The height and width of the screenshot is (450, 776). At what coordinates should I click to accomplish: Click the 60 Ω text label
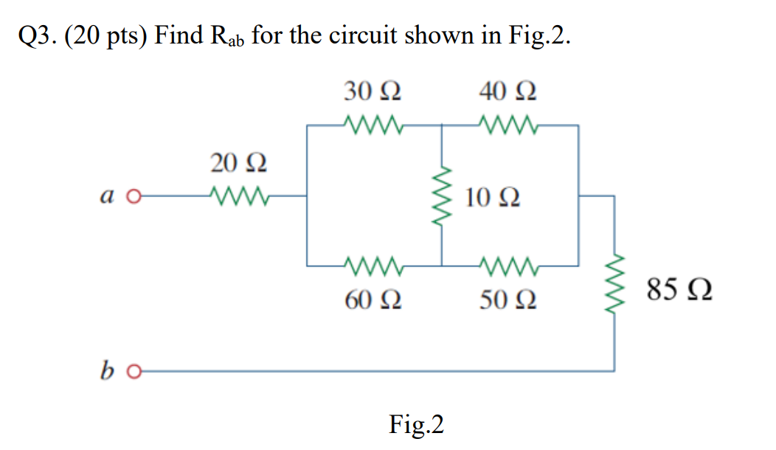coord(373,300)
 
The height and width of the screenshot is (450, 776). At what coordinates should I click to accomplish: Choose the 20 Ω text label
coord(238,163)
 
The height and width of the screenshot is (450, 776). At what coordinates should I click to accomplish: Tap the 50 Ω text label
coord(507,300)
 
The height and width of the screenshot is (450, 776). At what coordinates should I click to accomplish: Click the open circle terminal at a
coord(132,197)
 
